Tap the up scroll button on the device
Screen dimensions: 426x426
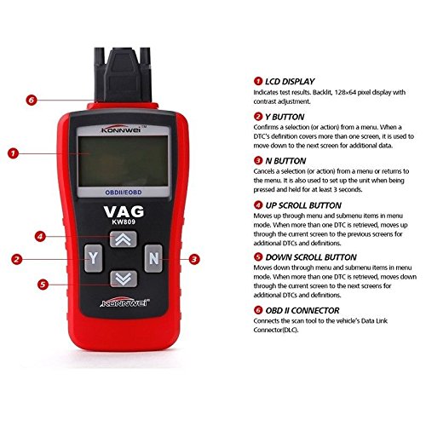click(x=124, y=239)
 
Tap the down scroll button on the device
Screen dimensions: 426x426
click(x=124, y=279)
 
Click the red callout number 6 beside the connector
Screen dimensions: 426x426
click(x=32, y=100)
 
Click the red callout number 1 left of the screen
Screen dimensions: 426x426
click(x=13, y=153)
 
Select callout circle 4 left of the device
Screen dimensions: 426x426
click(x=40, y=236)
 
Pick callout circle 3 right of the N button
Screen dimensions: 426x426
click(x=194, y=259)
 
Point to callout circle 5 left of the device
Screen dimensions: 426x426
click(x=43, y=285)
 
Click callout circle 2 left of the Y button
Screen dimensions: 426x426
click(x=17, y=259)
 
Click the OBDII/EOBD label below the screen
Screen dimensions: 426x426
click(x=124, y=193)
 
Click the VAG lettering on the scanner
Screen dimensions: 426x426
click(x=124, y=211)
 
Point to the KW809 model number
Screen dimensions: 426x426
click(x=124, y=222)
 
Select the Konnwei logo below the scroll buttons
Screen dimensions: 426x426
click(x=124, y=302)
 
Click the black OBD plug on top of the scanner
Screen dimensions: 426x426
click(x=123, y=75)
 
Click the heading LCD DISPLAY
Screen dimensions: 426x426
click(x=290, y=82)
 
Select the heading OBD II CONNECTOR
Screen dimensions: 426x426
click(x=302, y=310)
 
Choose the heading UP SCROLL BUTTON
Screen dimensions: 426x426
click(x=303, y=205)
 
